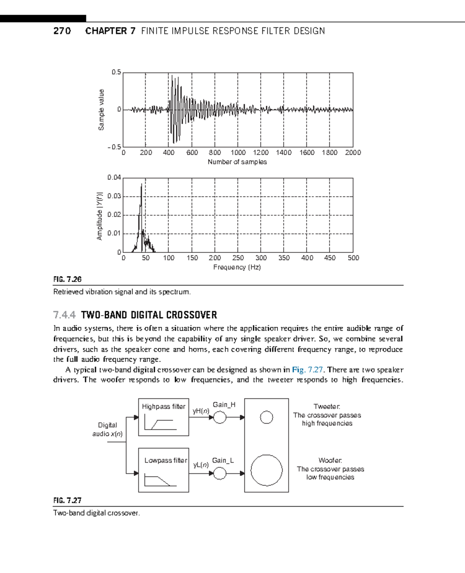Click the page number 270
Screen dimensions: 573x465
point(62,31)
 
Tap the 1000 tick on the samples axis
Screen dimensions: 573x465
point(238,153)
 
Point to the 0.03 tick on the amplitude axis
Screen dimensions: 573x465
point(114,196)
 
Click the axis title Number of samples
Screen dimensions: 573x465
point(237,162)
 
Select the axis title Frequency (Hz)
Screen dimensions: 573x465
point(237,267)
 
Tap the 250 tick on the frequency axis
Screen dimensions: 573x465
point(238,258)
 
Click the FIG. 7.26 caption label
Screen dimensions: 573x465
point(67,279)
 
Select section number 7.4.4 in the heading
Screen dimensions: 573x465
point(64,315)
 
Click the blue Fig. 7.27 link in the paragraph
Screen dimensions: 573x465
point(307,370)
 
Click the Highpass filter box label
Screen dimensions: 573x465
point(164,407)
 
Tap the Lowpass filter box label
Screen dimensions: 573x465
point(165,460)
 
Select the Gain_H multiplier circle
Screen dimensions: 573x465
point(220,417)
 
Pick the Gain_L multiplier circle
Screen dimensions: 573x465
point(220,473)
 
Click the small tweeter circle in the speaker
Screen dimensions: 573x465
point(267,417)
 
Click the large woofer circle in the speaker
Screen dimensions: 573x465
point(267,470)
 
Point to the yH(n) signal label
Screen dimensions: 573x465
point(201,411)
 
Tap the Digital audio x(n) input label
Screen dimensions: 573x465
point(107,429)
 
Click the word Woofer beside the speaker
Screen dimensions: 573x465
point(330,460)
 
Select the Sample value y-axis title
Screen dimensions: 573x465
point(101,110)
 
